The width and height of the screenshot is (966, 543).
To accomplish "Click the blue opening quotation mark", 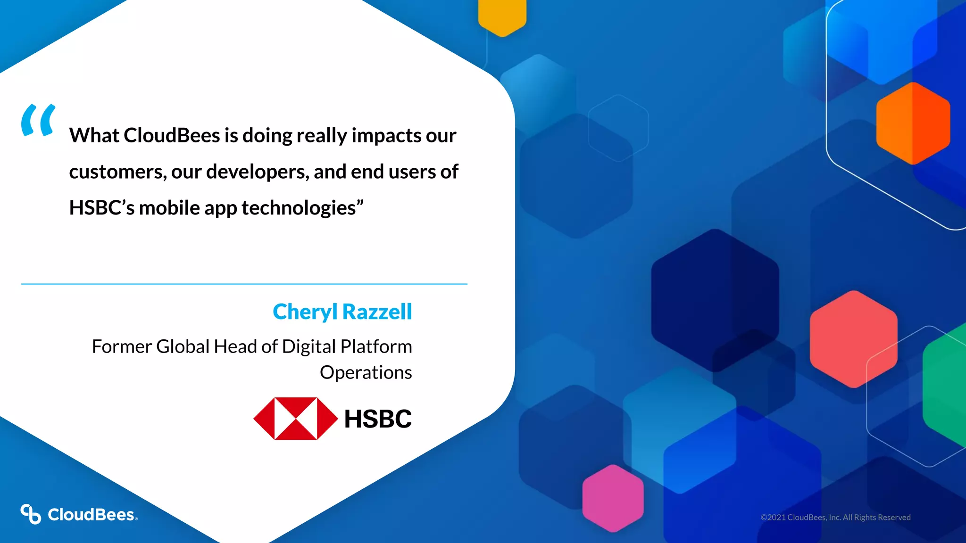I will [38, 121].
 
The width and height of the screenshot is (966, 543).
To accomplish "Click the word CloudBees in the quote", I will [172, 136].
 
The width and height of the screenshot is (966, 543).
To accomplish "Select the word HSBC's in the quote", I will [102, 208].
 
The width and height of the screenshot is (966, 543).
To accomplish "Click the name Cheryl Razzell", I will [342, 312].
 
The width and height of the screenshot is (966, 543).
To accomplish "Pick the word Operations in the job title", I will [366, 372].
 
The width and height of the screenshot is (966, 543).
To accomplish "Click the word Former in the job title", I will [121, 347].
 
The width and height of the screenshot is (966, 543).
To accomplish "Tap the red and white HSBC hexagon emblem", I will [296, 419].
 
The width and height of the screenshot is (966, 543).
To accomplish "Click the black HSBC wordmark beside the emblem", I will [378, 419].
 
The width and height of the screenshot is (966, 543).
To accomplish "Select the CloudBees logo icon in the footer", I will [31, 514].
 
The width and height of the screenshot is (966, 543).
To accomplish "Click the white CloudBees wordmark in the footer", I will [92, 515].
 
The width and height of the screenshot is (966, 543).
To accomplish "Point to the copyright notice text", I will [835, 518].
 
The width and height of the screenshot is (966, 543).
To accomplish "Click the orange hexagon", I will [913, 123].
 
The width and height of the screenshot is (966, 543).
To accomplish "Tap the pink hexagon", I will [613, 498].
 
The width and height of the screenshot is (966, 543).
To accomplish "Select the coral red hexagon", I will [853, 339].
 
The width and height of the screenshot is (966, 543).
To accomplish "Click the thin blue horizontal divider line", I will [244, 284].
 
